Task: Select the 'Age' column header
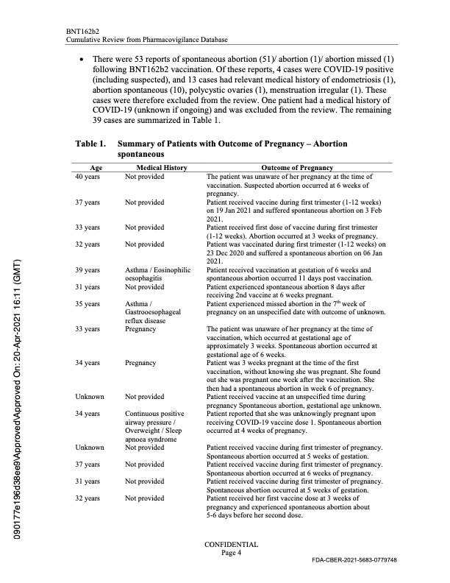coord(96,168)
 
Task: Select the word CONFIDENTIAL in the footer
coord(231,545)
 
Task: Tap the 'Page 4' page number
coord(231,553)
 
